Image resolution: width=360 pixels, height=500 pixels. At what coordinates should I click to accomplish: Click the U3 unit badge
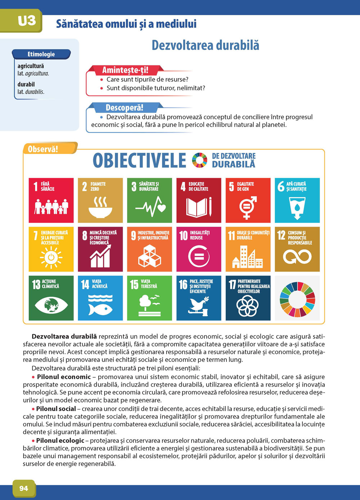tap(27, 21)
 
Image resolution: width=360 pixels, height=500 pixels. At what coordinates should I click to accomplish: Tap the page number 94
tap(24, 488)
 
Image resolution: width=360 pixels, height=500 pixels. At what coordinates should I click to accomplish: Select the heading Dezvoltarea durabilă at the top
tap(205, 46)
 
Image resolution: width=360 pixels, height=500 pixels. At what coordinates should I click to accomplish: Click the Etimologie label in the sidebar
tap(41, 54)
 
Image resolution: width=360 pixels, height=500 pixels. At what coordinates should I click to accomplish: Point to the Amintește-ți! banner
tap(125, 70)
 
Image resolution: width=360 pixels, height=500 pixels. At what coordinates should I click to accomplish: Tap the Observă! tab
tap(43, 149)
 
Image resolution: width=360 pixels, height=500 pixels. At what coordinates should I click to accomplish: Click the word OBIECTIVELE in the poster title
tap(139, 161)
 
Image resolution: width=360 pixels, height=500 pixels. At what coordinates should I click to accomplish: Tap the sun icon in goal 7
tap(51, 257)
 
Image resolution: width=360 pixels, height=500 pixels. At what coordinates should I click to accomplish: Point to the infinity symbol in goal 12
tap(297, 257)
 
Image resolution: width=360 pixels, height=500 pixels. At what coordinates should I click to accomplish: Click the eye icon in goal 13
tap(51, 305)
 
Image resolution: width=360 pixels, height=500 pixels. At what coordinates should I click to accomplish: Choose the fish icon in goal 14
tap(100, 308)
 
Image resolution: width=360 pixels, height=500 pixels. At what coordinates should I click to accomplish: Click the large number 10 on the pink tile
tap(184, 235)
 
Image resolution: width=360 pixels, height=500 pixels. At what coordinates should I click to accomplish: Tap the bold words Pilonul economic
tap(64, 377)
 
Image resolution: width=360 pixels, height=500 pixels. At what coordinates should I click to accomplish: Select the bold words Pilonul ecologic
tap(60, 441)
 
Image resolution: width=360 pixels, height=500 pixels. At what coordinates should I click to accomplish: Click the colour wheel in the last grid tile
tap(297, 299)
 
